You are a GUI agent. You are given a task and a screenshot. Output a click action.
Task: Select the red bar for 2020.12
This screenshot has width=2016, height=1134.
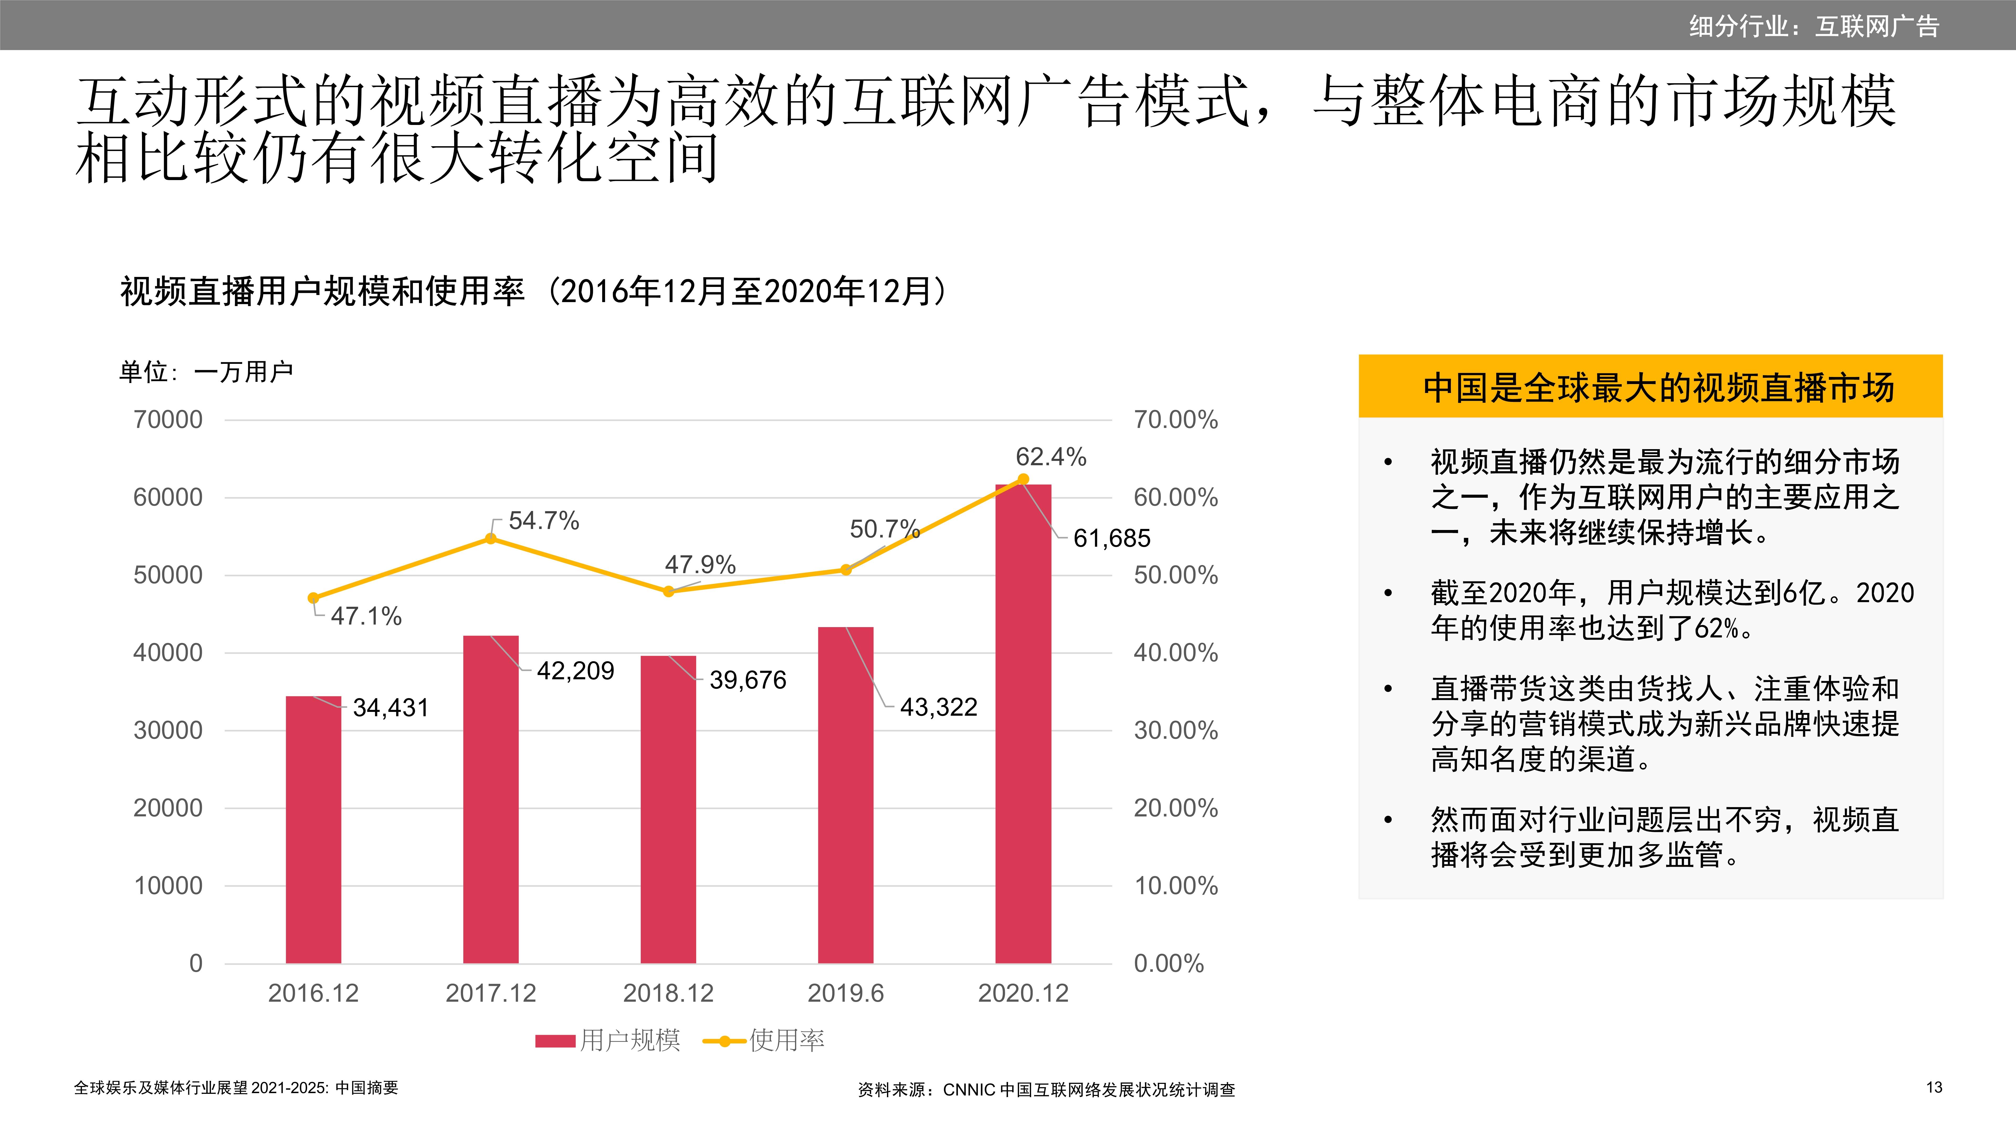pos(1023,724)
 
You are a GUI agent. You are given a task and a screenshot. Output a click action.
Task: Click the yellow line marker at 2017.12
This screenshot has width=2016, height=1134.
pos(491,538)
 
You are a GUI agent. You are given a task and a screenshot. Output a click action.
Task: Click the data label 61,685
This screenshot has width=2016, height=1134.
pos(1111,538)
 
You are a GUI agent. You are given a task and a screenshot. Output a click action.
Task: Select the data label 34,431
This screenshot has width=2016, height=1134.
pos(391,707)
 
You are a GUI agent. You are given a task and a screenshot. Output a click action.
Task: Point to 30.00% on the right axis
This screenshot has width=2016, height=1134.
pos(1175,730)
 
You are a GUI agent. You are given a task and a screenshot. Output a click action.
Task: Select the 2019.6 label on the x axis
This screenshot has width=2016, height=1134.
pos(845,993)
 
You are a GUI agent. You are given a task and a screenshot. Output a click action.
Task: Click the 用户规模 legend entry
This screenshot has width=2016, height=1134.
pos(609,1040)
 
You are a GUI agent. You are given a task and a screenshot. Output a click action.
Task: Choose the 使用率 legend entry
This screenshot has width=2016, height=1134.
pos(765,1040)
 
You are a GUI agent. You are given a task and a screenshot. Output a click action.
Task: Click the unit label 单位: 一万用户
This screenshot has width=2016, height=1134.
pos(206,372)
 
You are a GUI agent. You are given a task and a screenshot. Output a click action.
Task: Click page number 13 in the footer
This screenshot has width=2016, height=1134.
pos(1934,1087)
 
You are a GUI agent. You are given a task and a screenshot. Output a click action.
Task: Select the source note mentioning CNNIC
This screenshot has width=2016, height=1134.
pos(1046,1089)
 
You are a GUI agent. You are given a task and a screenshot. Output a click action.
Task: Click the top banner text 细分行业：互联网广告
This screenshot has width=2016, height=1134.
pos(1813,26)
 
